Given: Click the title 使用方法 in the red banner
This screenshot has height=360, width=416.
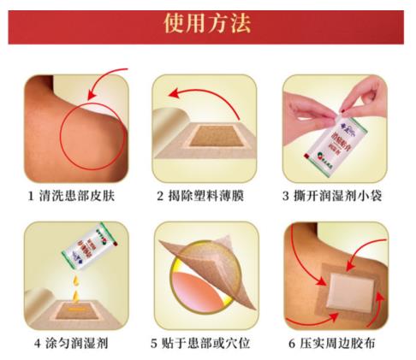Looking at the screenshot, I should (x=207, y=23).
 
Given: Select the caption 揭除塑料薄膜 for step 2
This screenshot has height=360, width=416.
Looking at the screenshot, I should (x=207, y=196).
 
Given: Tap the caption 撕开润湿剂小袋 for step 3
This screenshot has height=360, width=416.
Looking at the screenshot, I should (x=342, y=196).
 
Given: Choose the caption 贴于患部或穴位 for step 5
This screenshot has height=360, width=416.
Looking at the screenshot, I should (x=207, y=344).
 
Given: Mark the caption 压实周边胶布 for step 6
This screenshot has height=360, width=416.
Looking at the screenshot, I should (x=342, y=344).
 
